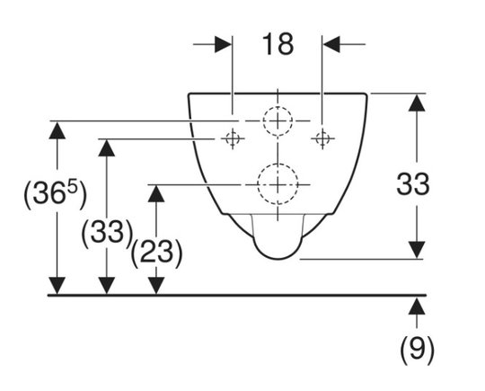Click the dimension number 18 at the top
coord(278,45)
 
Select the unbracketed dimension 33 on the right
coord(413,184)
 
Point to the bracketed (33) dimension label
coord(107,233)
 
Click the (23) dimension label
coord(156,253)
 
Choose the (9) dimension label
coord(417,351)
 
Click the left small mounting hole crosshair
coord(233,138)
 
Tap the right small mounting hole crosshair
coord(322,138)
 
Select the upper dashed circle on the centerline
coord(278,106)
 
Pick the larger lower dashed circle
coord(278,164)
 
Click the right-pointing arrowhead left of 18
coord(224,44)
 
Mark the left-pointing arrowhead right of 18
coord(331,44)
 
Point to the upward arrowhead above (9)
coord(417,307)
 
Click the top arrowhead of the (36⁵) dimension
coord(57,130)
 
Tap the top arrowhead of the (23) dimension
coord(156,194)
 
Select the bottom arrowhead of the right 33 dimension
coord(417,250)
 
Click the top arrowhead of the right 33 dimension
coord(417,102)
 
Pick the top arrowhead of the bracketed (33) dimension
coord(106,148)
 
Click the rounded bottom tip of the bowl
coord(278,259)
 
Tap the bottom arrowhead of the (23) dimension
coord(156,286)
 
